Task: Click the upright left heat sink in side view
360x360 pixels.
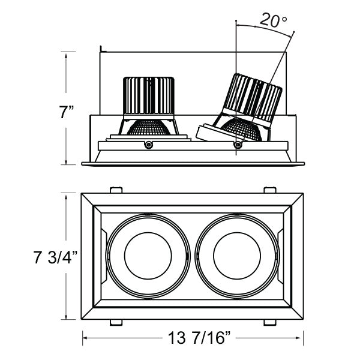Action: click(149, 96)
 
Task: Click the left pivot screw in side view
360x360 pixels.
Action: click(148, 144)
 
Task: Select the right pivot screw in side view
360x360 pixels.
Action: click(238, 144)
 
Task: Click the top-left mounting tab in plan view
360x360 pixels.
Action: click(116, 190)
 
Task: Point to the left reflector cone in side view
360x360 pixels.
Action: click(149, 127)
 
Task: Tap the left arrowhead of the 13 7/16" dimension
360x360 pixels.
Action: click(83, 338)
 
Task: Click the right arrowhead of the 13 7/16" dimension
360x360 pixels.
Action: click(304, 338)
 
